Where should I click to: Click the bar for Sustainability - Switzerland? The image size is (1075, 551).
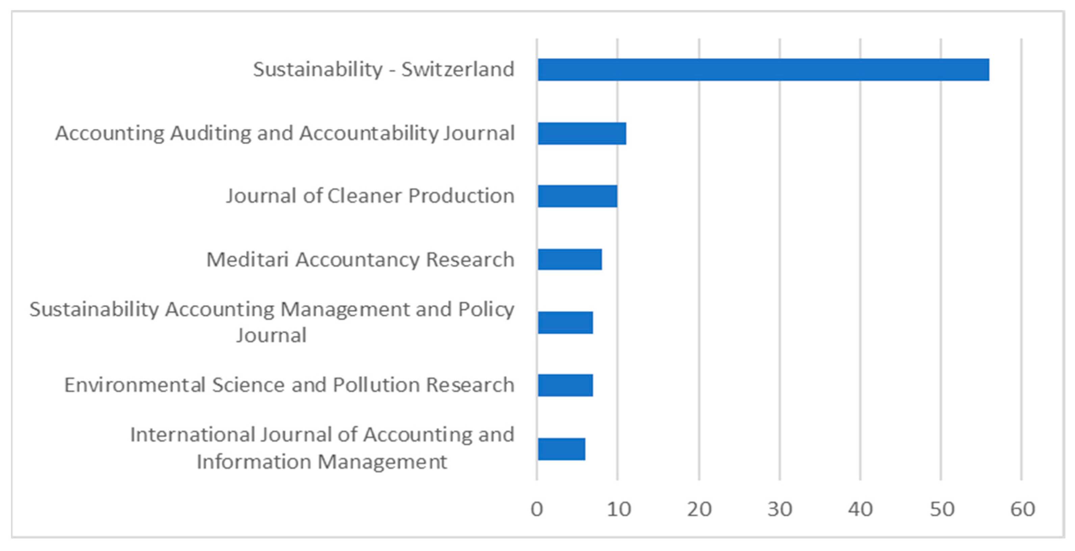[763, 69]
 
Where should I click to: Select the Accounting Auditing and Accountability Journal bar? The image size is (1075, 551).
[582, 133]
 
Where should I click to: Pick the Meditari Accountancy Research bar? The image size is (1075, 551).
[570, 259]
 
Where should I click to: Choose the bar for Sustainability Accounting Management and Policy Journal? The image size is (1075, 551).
[565, 322]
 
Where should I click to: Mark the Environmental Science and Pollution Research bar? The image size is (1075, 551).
[565, 385]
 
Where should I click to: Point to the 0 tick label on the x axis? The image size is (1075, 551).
[537, 509]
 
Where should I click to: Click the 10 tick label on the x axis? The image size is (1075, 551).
[618, 509]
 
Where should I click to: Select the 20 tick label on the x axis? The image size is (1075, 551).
[699, 509]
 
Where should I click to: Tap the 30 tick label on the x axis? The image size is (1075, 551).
[779, 509]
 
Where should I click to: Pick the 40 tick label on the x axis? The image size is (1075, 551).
[860, 509]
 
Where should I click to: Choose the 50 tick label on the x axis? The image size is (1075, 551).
[942, 509]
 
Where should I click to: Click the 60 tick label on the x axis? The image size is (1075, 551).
[1022, 509]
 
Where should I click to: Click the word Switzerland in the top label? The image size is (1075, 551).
[457, 69]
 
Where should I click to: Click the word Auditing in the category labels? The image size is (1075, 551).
[211, 133]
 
